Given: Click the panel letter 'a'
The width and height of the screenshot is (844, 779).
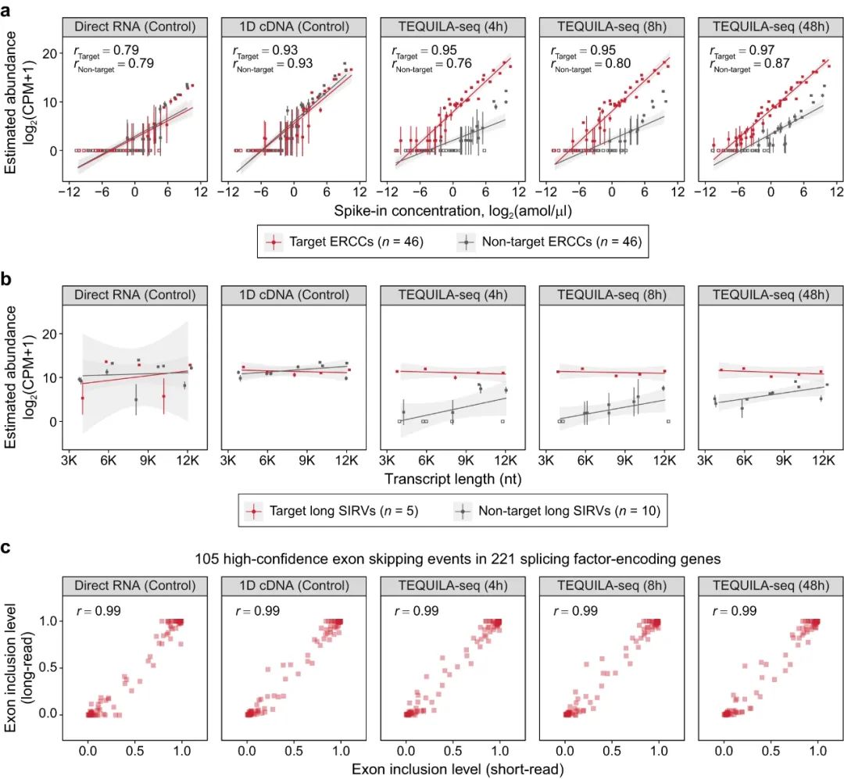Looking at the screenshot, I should (7, 10).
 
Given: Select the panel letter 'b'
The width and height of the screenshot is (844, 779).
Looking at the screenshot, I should (7, 277).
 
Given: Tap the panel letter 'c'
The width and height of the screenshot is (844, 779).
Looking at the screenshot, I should (7, 547).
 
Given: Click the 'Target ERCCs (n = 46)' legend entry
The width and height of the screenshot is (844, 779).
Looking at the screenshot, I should (344, 242).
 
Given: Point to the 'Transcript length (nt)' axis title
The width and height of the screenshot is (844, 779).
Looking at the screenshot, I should (452, 478).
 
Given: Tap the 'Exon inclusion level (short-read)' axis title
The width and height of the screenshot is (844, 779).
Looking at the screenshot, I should (457, 769).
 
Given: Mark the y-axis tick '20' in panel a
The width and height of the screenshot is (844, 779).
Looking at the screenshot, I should (48, 53).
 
